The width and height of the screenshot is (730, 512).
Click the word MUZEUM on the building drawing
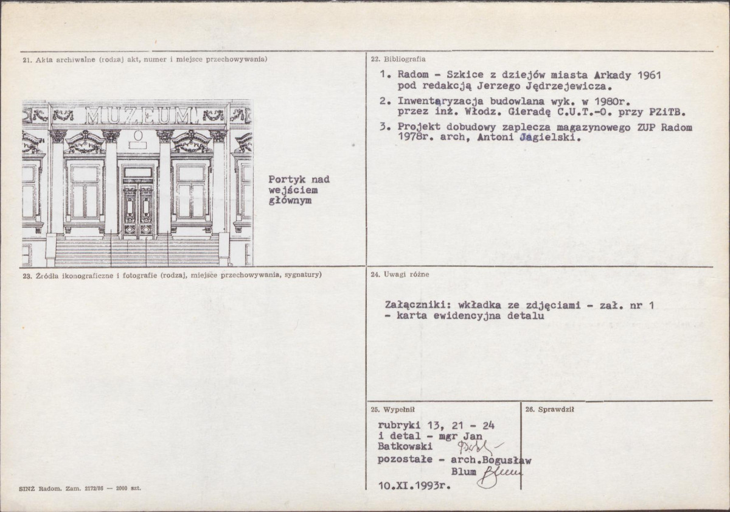(x=142, y=115)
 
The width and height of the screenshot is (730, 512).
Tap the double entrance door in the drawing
(x=138, y=211)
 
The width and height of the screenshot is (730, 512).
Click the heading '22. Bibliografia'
(x=398, y=59)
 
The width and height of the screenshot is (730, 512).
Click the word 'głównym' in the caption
(x=290, y=201)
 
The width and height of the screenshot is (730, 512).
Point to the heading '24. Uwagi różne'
(x=400, y=274)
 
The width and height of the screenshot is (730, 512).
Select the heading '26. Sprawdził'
(x=549, y=410)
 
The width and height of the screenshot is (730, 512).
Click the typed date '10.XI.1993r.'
(x=414, y=486)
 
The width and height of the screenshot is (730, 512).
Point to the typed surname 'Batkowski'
(x=405, y=446)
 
